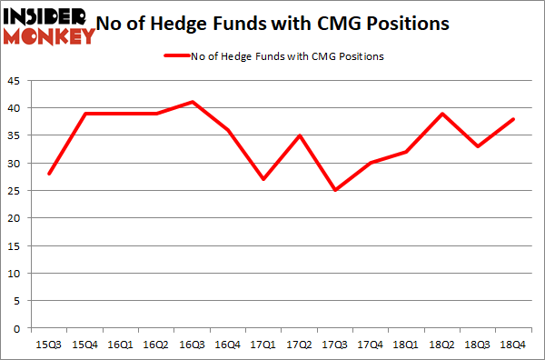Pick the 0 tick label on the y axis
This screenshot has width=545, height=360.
click(x=21, y=329)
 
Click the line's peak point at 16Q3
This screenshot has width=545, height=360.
click(x=193, y=101)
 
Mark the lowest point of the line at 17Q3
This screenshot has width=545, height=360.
click(x=335, y=190)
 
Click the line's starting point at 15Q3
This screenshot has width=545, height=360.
click(x=51, y=174)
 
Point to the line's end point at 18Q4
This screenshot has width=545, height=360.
click(x=512, y=118)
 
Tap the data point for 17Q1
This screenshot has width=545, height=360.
click(x=264, y=179)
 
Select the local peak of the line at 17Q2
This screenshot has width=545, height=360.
click(x=300, y=135)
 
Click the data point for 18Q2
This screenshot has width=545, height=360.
click(x=441, y=113)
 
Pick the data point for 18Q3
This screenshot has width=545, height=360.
click(x=477, y=145)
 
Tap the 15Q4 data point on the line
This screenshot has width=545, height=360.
click(x=86, y=113)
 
